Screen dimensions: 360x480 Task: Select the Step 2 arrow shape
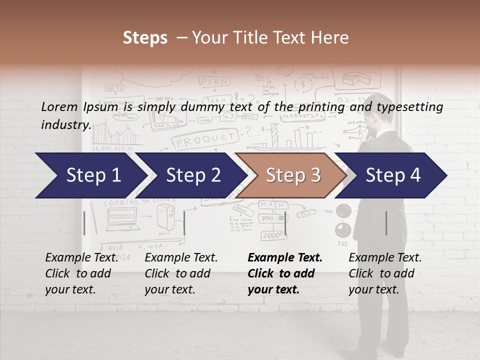(193, 175)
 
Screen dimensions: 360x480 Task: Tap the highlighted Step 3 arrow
(292, 175)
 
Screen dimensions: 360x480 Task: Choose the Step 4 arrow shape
(392, 175)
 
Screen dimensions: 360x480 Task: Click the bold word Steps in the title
(145, 38)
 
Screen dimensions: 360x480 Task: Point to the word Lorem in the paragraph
(59, 106)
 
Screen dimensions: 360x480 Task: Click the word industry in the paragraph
(65, 125)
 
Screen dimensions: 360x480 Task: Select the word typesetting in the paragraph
(409, 106)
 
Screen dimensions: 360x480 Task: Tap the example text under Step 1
(81, 273)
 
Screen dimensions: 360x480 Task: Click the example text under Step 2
(181, 273)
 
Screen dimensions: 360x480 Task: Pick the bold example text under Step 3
(285, 273)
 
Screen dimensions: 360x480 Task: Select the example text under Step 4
(385, 273)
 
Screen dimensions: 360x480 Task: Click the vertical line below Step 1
(84, 223)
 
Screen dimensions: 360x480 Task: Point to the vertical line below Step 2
(184, 223)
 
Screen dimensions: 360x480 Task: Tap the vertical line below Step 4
(386, 223)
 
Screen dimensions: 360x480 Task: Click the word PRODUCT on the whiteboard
(205, 139)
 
